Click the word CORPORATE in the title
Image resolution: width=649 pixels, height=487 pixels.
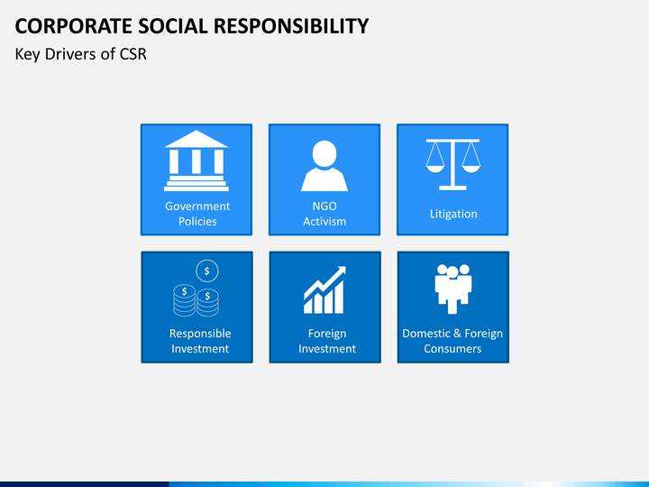pos(74,26)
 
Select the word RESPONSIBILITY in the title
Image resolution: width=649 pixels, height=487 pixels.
pos(290,26)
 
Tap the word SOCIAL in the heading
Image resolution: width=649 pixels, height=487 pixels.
pos(173,26)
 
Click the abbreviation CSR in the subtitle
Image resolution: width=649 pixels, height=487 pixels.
pos(133,54)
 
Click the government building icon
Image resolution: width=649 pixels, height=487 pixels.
pos(197,161)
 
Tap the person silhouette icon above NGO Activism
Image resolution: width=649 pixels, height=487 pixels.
pos(324,166)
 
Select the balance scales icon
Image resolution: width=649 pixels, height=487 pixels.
pos(452,164)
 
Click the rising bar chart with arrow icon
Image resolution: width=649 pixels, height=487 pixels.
pos(324,289)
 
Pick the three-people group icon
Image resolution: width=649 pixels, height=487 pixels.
pos(453,289)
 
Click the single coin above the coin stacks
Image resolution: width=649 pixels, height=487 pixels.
pos(207,271)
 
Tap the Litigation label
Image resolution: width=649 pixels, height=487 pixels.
pos(453,214)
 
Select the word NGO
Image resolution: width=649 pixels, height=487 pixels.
pos(324,206)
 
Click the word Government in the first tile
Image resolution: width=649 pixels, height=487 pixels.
pos(197,206)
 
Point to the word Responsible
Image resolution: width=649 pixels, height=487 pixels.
pos(200,334)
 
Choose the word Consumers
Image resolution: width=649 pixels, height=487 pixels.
pos(452,349)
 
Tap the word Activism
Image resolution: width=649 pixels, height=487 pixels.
pos(324,221)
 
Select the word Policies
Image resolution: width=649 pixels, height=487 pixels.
pos(197,221)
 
